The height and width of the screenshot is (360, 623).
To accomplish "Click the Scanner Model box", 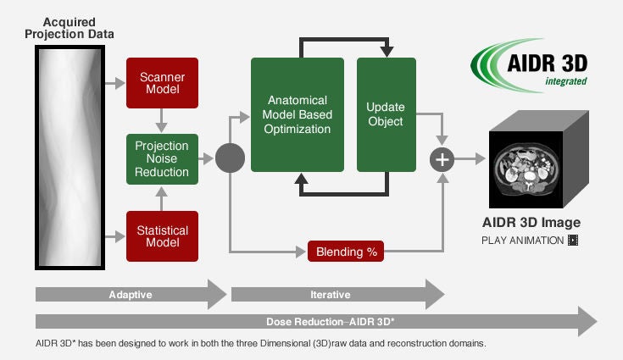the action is tap(162, 83).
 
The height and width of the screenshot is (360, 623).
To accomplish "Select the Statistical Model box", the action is tap(162, 236).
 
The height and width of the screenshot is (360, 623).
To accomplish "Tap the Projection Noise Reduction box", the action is tap(162, 159).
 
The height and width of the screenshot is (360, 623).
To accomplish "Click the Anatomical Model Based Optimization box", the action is tap(298, 114).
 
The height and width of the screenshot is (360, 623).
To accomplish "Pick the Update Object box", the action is tap(387, 114).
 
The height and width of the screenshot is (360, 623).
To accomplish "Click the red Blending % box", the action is tap(346, 252).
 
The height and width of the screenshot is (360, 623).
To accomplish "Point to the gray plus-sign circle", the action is tap(442, 160).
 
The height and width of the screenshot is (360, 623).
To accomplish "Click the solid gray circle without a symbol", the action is tap(230, 158).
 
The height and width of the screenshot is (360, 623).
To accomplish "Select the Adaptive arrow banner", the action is tap(131, 295).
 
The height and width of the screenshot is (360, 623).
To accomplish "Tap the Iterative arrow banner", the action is tap(337, 295).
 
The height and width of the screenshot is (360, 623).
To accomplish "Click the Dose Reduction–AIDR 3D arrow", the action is tap(316, 322).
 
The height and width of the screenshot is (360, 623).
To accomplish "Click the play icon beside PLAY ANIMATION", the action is tap(573, 240).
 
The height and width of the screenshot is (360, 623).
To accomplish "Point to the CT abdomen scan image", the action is tap(526, 169).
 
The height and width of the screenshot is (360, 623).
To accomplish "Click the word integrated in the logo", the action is tap(566, 82).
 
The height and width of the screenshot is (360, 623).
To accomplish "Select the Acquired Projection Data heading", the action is tap(70, 28).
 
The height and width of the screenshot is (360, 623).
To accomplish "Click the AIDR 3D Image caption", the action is tap(531, 222).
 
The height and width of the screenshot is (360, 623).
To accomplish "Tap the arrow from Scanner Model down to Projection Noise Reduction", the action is tap(161, 120).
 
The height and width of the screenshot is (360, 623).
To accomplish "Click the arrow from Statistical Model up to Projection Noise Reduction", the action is tap(161, 198).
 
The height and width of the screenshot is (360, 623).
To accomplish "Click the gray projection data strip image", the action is tap(70, 158).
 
